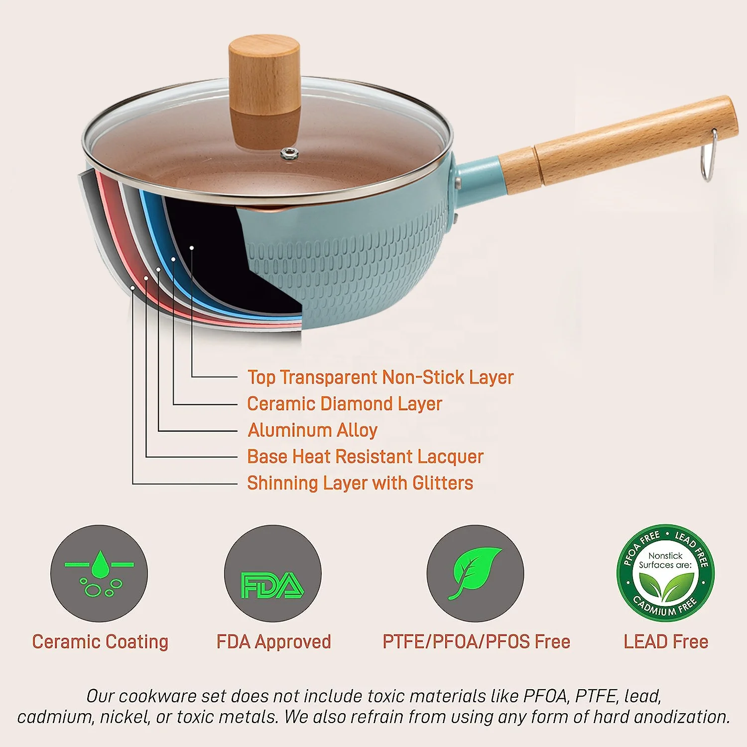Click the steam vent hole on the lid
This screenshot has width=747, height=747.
click(x=287, y=154)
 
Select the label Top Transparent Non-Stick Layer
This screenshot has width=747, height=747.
click(x=380, y=377)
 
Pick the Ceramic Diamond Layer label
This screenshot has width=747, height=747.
click(x=345, y=403)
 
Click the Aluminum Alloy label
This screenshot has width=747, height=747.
click(x=313, y=430)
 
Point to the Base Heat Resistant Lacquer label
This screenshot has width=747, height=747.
click(x=365, y=456)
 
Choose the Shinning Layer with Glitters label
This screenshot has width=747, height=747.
click(x=360, y=483)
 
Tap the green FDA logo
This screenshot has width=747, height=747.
click(x=272, y=585)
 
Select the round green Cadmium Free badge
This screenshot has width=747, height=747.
click(x=666, y=573)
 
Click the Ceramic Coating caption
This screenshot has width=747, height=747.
click(x=100, y=641)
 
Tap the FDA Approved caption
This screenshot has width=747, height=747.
click(x=273, y=641)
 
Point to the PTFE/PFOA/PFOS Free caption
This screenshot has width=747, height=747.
click(x=476, y=641)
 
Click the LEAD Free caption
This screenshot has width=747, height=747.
click(x=666, y=641)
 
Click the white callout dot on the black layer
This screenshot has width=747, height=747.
click(x=191, y=247)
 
